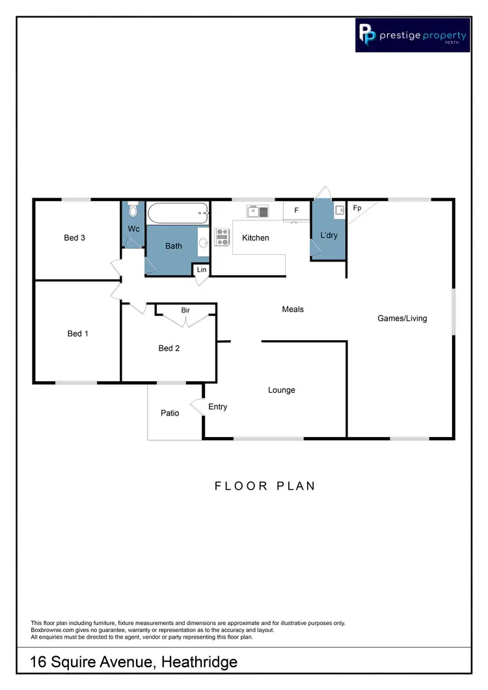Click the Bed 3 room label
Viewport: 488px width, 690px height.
(74, 238)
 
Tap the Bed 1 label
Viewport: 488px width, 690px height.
(77, 334)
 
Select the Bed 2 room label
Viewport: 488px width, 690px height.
(169, 349)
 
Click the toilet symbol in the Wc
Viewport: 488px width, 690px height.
(133, 211)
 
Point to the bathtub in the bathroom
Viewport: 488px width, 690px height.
(178, 213)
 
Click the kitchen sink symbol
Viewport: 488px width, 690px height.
(257, 211)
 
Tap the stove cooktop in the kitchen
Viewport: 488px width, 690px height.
(223, 237)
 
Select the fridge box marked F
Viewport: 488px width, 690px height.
(296, 211)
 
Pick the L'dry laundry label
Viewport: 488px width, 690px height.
(329, 235)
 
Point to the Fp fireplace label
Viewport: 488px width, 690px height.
(357, 209)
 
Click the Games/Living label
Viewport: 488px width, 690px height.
(402, 319)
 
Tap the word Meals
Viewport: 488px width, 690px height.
(293, 310)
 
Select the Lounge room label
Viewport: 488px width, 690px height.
(282, 390)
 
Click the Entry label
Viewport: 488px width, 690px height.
(218, 407)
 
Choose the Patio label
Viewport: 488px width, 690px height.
(170, 413)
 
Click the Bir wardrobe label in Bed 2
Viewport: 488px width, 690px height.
(185, 311)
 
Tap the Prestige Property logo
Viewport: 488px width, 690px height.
(413, 35)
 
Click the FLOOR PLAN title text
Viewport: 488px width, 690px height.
(265, 486)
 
